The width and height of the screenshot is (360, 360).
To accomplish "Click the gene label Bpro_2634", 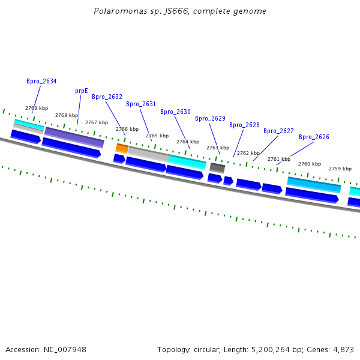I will click(x=41, y=81).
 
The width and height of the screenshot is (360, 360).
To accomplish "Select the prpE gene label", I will click(x=82, y=91).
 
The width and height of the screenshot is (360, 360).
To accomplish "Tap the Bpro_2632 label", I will click(x=107, y=97).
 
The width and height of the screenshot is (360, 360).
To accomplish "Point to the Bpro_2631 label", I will click(x=141, y=104).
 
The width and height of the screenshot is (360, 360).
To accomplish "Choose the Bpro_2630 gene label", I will click(x=175, y=112).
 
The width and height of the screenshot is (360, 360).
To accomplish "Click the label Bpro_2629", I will click(x=210, y=118).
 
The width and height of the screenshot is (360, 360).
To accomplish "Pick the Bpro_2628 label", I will click(x=244, y=125).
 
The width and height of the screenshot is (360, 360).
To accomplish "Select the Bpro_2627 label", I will click(x=278, y=131).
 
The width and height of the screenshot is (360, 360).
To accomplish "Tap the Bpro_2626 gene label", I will click(x=314, y=137).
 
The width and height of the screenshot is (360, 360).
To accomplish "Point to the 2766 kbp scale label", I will click(x=127, y=129).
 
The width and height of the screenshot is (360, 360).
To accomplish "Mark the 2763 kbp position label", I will click(x=218, y=148).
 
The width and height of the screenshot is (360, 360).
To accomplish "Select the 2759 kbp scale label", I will click(x=340, y=169).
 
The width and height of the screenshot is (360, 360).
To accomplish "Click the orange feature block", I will click(x=122, y=148).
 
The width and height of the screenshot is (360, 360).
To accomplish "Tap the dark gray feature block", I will click(x=217, y=168).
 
